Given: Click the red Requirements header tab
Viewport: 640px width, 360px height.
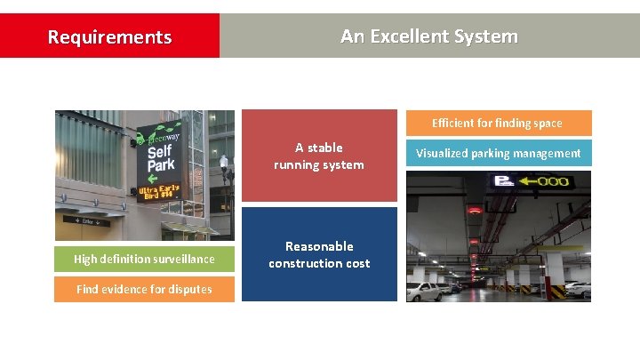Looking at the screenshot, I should [x=109, y=36].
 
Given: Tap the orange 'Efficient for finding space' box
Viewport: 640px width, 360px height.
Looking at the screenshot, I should [x=497, y=123].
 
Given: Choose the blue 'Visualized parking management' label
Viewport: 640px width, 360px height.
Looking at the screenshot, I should [x=498, y=153].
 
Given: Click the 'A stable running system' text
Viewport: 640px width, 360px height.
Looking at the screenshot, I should [x=319, y=156].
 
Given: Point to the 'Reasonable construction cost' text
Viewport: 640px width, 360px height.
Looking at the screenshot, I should [x=319, y=254].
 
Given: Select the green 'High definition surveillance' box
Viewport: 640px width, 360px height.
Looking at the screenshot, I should [x=144, y=259].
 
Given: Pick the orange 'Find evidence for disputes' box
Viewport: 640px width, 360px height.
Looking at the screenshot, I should [x=144, y=289].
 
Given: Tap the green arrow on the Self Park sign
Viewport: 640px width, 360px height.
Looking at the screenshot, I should [x=153, y=176].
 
